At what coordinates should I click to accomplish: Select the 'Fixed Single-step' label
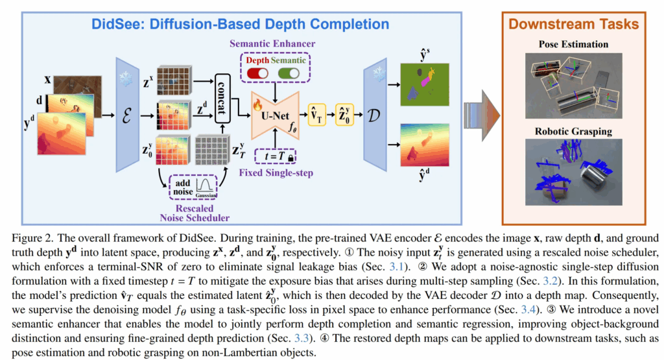276,173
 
